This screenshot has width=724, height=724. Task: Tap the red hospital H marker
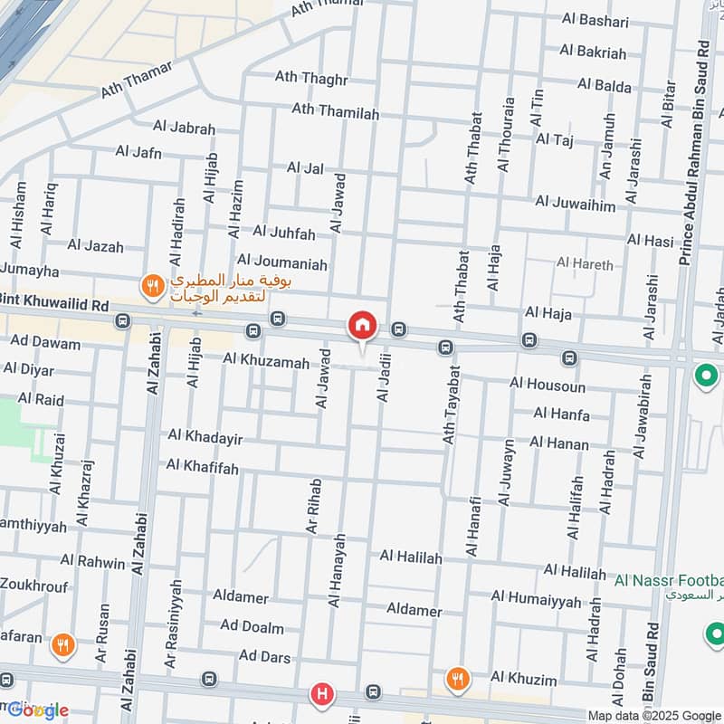[x=321, y=695]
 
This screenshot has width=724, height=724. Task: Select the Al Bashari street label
[x=595, y=20]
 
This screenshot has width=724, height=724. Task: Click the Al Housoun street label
[x=547, y=385]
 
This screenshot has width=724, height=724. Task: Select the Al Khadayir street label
[x=205, y=437]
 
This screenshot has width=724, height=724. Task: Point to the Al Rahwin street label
[x=92, y=563]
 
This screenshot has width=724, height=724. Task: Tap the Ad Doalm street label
[x=252, y=627]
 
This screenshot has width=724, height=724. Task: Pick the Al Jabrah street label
[x=184, y=129]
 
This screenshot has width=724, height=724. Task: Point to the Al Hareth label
[x=585, y=264]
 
